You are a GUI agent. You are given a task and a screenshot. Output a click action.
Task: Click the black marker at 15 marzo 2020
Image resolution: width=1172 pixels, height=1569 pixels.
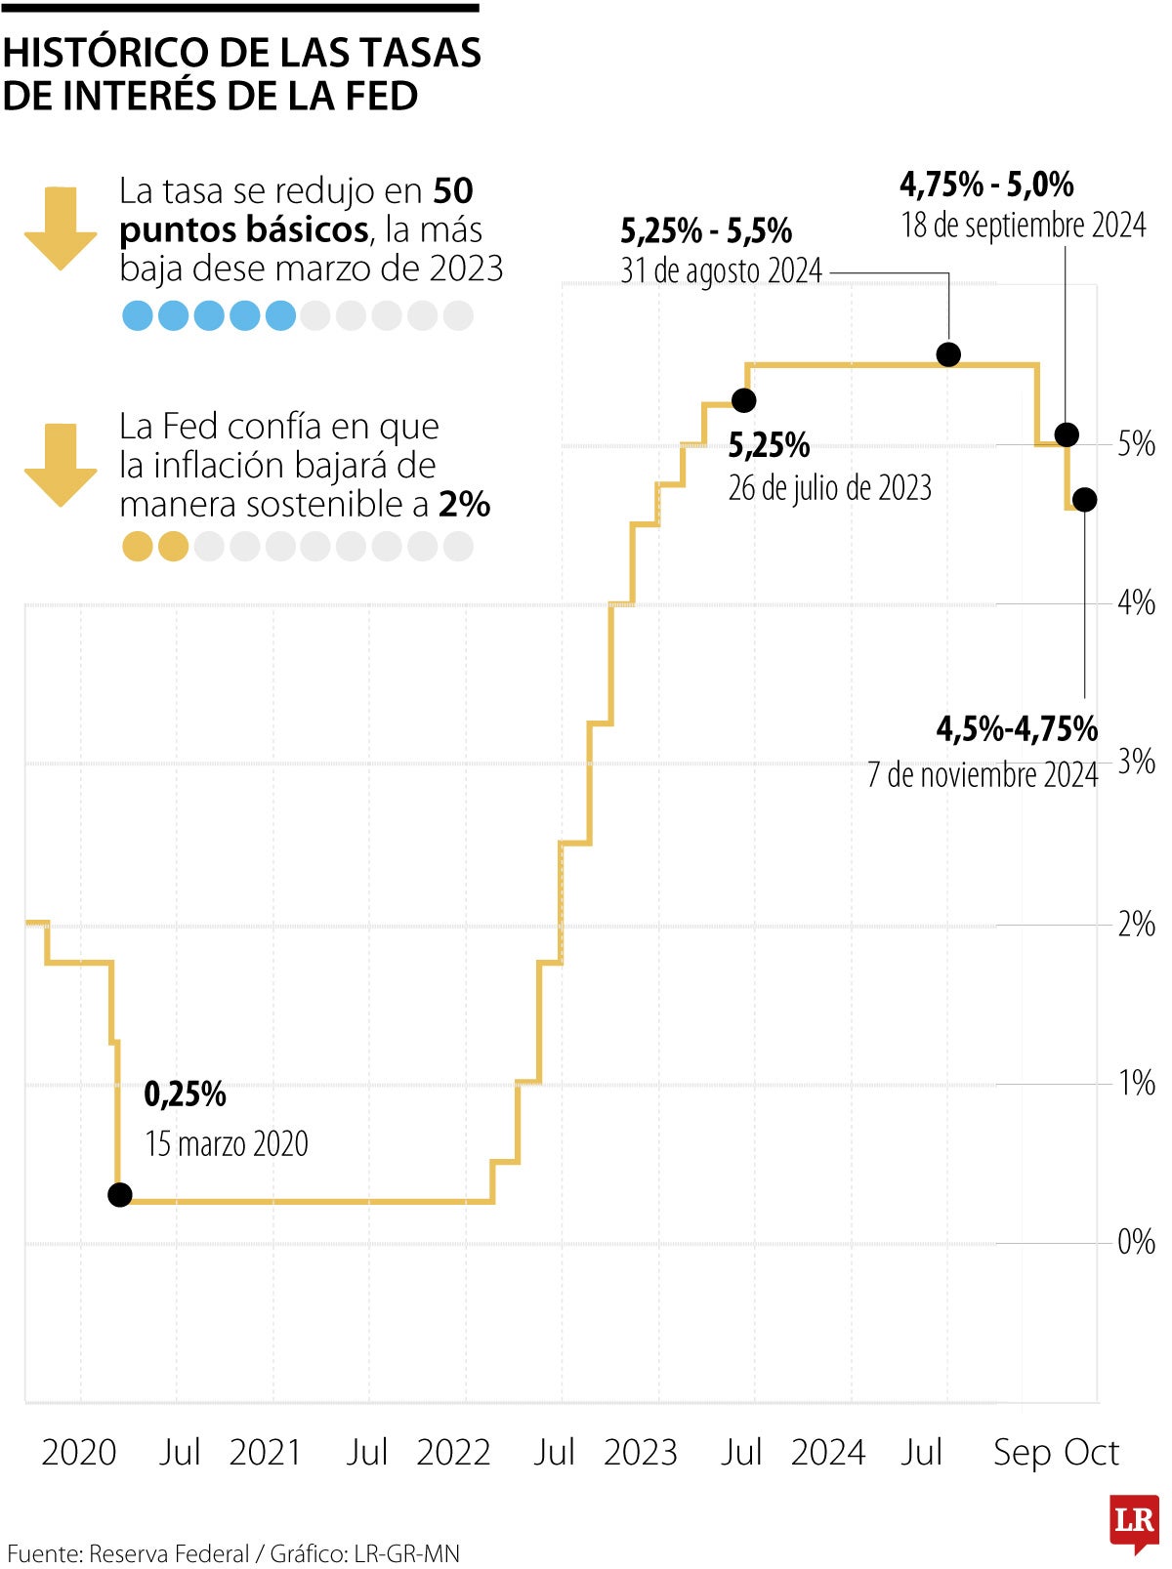[x=119, y=1194]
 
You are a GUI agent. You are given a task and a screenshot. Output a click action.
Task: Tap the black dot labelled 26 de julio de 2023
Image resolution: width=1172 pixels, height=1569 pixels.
[x=744, y=399]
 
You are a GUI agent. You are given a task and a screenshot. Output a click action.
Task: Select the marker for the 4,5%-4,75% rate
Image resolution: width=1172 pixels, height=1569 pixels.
[x=1084, y=500]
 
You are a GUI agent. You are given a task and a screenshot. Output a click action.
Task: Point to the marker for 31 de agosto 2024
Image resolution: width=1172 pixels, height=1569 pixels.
[x=948, y=354]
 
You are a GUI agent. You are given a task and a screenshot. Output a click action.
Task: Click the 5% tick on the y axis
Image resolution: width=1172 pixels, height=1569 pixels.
[x=1136, y=444]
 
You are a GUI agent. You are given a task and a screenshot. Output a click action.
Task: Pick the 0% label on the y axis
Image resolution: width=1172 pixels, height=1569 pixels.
[x=1136, y=1242]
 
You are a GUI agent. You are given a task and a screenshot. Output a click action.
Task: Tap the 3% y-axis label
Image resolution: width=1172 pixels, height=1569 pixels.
[x=1136, y=762]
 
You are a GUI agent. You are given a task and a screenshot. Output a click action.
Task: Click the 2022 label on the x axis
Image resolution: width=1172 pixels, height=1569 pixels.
[x=453, y=1453]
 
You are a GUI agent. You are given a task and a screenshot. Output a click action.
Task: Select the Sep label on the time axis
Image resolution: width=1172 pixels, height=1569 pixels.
[x=1023, y=1453]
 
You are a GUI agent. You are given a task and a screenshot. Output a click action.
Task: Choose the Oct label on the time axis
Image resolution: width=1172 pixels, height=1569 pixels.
[x=1091, y=1453]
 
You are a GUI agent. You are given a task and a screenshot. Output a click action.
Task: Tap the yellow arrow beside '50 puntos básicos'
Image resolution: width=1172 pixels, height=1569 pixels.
[x=61, y=227]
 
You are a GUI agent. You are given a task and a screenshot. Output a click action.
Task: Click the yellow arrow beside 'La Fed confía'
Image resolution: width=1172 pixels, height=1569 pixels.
[x=61, y=465]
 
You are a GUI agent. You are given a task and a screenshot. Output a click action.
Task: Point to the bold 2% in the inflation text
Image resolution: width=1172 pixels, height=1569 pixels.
[x=464, y=505]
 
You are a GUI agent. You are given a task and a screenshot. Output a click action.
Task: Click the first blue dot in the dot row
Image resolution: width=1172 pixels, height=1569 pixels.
[x=137, y=315]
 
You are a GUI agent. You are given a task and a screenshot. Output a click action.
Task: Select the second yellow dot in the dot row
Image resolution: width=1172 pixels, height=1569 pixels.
[x=173, y=547]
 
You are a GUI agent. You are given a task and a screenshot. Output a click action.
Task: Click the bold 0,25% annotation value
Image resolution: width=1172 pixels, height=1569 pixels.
[x=185, y=1094]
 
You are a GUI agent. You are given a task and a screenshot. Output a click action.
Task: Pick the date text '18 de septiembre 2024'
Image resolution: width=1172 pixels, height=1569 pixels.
[x=1023, y=226]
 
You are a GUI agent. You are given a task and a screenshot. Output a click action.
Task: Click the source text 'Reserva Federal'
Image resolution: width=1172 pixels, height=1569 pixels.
[x=169, y=1553]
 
